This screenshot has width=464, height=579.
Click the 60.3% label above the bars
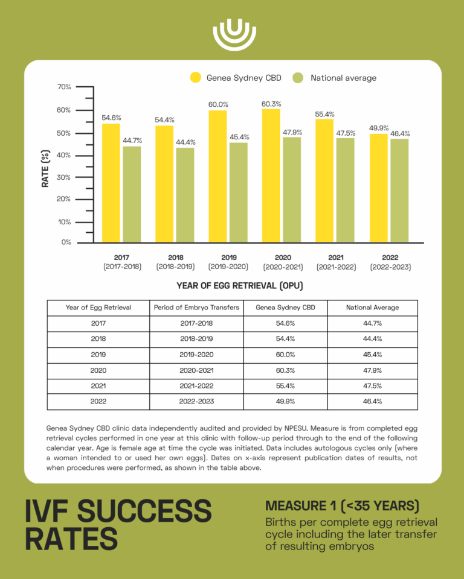[271, 104]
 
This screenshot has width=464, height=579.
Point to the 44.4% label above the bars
[185, 142]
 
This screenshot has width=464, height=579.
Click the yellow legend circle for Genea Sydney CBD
[196, 78]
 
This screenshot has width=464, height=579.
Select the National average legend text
[343, 78]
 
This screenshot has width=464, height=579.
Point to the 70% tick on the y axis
[64, 87]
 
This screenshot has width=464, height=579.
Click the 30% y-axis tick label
[64, 177]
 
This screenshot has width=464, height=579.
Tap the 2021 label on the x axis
[336, 258]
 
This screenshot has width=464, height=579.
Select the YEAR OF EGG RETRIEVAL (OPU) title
[240, 285]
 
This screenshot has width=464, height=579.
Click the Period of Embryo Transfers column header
[196, 308]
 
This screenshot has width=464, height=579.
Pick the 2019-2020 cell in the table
[196, 355]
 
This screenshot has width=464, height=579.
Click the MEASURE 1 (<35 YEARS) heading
[342, 505]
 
